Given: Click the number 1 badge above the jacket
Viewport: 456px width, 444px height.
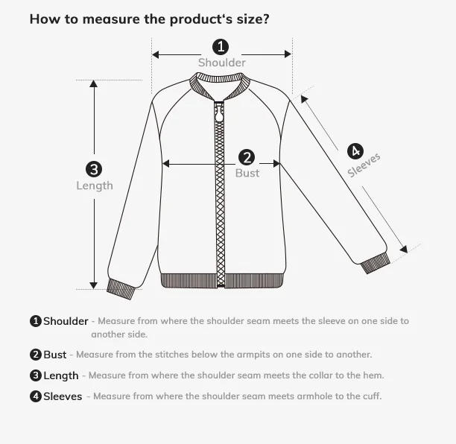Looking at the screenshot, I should pyautogui.click(x=221, y=47).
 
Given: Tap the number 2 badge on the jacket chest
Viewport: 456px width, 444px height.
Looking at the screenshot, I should pyautogui.click(x=247, y=157).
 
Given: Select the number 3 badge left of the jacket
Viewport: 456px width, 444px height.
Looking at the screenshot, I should pyautogui.click(x=94, y=169).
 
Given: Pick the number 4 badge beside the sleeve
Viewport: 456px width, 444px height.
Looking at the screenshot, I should pyautogui.click(x=355, y=150).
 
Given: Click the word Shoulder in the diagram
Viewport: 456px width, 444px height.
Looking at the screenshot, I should pyautogui.click(x=221, y=63).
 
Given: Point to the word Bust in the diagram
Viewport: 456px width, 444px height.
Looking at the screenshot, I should pyautogui.click(x=247, y=173).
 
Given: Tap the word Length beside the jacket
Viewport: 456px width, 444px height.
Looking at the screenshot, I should pyautogui.click(x=95, y=185).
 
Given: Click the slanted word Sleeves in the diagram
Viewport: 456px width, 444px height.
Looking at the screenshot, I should pyautogui.click(x=364, y=165).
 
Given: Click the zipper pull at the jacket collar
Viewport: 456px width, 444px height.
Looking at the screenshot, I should pyautogui.click(x=219, y=114).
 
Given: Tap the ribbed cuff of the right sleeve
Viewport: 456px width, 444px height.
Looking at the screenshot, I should pyautogui.click(x=374, y=263).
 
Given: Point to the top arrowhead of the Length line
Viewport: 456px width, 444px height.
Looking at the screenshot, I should pyautogui.click(x=94, y=83).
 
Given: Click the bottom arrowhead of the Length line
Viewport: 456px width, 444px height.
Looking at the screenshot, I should pyautogui.click(x=94, y=285).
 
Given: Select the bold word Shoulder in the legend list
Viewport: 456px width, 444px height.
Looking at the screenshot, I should pyautogui.click(x=66, y=322).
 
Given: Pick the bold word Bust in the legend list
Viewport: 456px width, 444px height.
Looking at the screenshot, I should pyautogui.click(x=55, y=355).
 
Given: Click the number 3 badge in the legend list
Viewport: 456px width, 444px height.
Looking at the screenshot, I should pyautogui.click(x=35, y=375).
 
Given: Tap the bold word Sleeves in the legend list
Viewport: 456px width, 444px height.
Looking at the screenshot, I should pyautogui.click(x=63, y=396).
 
